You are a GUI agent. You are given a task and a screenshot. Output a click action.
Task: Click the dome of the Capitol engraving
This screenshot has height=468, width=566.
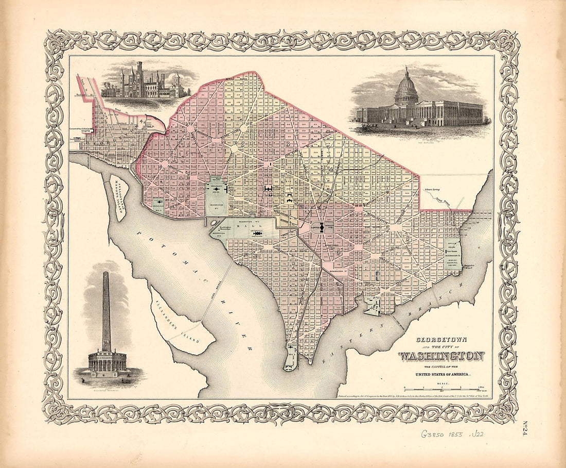click(406, 88)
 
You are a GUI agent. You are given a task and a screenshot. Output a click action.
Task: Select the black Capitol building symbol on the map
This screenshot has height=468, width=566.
click(322, 226)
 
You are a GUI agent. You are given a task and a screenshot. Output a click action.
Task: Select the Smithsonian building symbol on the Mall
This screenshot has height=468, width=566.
click(257, 233)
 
